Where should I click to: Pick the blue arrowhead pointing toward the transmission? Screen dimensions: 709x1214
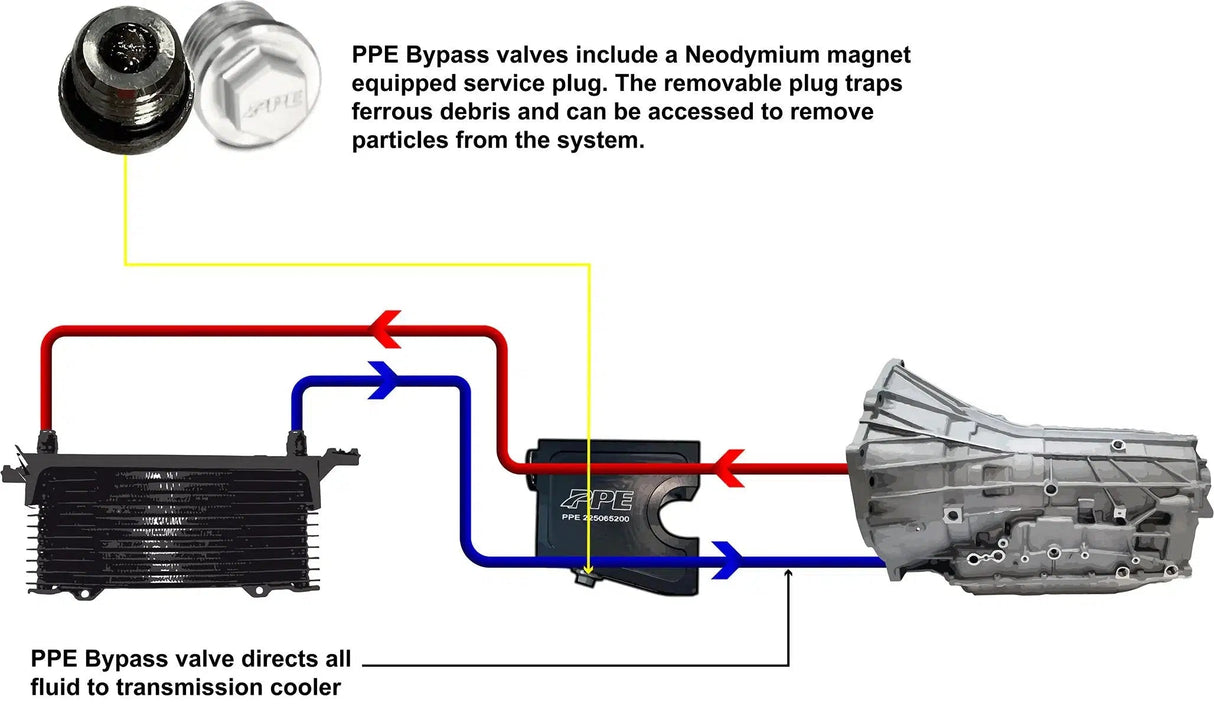(x=727, y=559)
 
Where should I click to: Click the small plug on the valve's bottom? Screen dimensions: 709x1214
(x=585, y=576)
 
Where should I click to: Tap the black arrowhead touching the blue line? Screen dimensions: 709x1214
(x=789, y=573)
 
